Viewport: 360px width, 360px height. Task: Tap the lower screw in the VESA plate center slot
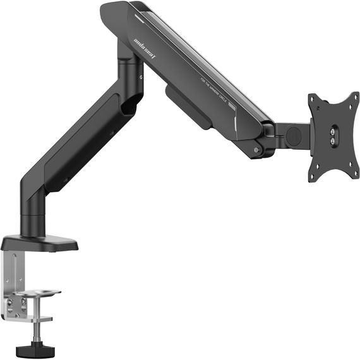click(332, 144)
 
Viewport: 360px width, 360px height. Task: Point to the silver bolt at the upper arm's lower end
click(255, 150)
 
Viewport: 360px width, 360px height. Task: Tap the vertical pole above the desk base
click(32, 215)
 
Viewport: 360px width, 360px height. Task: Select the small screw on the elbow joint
click(141, 78)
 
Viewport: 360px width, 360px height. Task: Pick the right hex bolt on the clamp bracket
click(24, 302)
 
